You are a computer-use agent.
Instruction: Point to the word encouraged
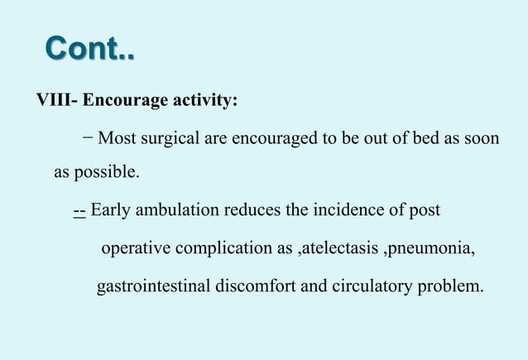point(274,137)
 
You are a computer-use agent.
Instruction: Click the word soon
point(481,137)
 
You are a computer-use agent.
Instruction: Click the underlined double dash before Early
point(79,210)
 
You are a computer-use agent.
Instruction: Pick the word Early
point(110,210)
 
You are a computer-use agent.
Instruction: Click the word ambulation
point(177,210)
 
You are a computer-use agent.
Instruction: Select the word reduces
point(252,210)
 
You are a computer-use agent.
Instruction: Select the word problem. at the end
point(454,287)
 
